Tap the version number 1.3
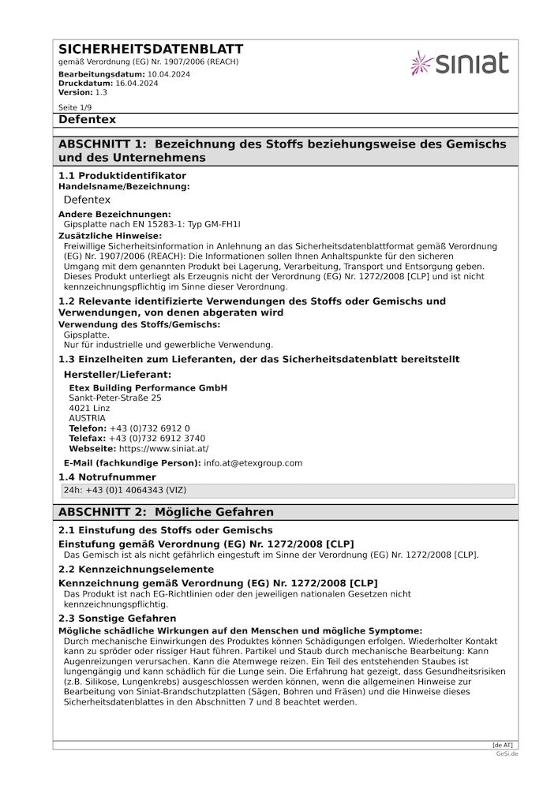pos(101,92)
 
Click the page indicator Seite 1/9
pos(75,107)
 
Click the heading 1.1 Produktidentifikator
pos(122,175)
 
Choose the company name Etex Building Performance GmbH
pos(148,387)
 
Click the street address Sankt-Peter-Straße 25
pos(115,398)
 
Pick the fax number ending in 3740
pos(157,438)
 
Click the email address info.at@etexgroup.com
pos(253,463)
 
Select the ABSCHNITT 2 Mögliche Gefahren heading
pos(166,512)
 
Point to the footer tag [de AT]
pos(502,745)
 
